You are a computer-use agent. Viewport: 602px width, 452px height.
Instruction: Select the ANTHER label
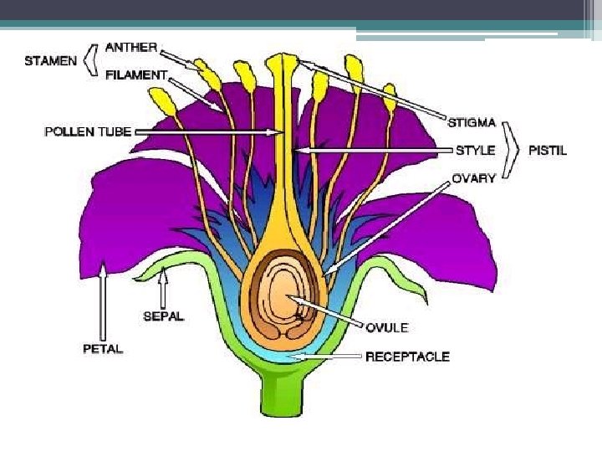coord(131,47)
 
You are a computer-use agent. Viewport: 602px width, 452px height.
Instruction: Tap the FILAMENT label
coord(136,74)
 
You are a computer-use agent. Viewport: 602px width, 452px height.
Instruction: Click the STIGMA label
coord(475,122)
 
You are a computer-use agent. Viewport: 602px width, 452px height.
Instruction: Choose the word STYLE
coord(475,151)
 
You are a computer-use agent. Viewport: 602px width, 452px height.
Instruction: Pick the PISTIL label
coord(548,151)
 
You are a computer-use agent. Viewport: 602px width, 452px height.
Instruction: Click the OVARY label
coord(474,178)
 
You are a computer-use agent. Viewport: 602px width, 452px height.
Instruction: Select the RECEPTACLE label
coord(407,357)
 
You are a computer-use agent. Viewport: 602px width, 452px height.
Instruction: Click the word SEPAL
coord(163,317)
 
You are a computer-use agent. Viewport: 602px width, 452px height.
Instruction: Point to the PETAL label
coord(103,349)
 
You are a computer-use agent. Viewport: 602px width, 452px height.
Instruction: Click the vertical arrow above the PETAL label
coord(103,301)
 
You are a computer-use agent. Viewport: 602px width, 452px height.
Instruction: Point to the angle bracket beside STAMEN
coord(92,60)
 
